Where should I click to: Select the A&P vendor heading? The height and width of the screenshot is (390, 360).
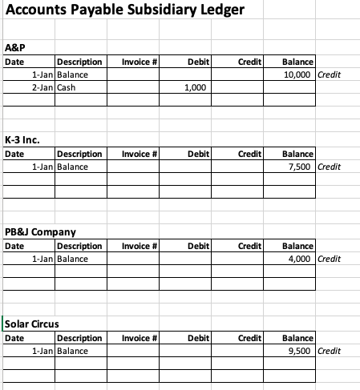pyautogui.click(x=15, y=47)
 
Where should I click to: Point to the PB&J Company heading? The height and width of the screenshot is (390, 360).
pyautogui.click(x=40, y=232)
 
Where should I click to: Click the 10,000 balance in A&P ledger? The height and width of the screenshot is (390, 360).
pyautogui.click(x=301, y=74)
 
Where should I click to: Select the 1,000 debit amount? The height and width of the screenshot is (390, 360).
pyautogui.click(x=197, y=88)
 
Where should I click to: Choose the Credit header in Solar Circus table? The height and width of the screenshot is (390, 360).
pyautogui.click(x=251, y=338)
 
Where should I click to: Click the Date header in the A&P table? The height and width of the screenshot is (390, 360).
pyautogui.click(x=14, y=62)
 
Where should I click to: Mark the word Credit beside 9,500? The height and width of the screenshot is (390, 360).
pyautogui.click(x=330, y=351)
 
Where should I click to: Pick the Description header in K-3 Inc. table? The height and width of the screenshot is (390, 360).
pyautogui.click(x=80, y=153)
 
